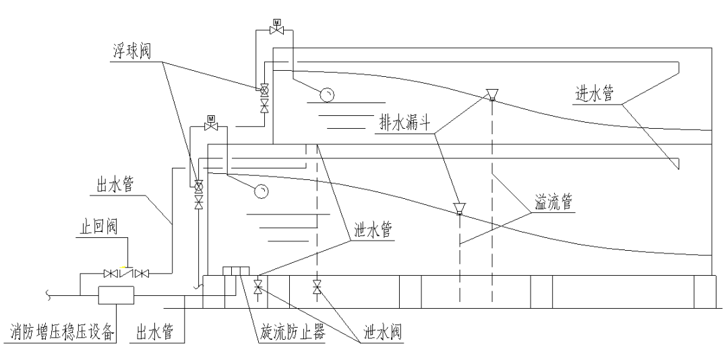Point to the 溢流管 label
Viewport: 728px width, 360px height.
[x=555, y=203]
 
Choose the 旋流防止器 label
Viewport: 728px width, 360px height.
[x=292, y=332]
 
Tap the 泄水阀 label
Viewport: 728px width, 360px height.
[x=382, y=332]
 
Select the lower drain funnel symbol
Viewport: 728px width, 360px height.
[x=459, y=207]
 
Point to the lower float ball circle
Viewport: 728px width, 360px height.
[x=262, y=192]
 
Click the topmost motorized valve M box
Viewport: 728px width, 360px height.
[x=276, y=21]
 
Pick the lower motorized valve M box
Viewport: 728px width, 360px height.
[x=210, y=119]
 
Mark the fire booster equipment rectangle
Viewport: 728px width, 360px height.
[x=116, y=295]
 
